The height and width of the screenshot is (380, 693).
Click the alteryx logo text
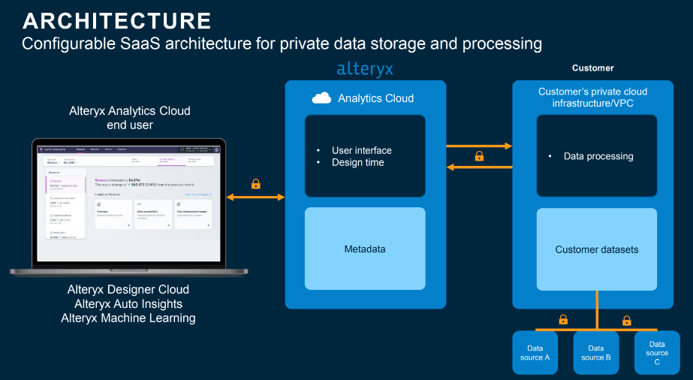click(x=365, y=69)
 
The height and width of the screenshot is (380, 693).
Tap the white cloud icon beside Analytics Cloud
click(x=321, y=98)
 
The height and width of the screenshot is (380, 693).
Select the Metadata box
click(x=365, y=249)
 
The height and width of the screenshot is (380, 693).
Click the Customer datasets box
click(x=597, y=249)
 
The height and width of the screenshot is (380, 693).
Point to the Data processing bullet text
click(x=598, y=156)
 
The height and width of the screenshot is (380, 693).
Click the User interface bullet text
click(x=362, y=150)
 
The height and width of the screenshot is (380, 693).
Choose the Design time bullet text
click(x=358, y=162)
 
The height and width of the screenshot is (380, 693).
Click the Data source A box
click(x=536, y=352)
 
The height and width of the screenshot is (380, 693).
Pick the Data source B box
click(x=596, y=352)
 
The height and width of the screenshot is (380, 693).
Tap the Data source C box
click(x=657, y=352)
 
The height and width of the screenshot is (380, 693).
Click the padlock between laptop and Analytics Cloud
click(x=255, y=183)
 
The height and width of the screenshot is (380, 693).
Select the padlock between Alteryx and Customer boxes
click(x=478, y=157)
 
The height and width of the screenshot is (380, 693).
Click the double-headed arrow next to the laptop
click(x=255, y=197)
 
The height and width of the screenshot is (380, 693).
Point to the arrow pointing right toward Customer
click(x=478, y=146)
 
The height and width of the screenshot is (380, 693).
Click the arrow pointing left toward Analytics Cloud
click(x=478, y=168)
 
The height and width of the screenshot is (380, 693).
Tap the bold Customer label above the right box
click(x=592, y=68)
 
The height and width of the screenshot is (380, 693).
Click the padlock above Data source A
click(x=563, y=319)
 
